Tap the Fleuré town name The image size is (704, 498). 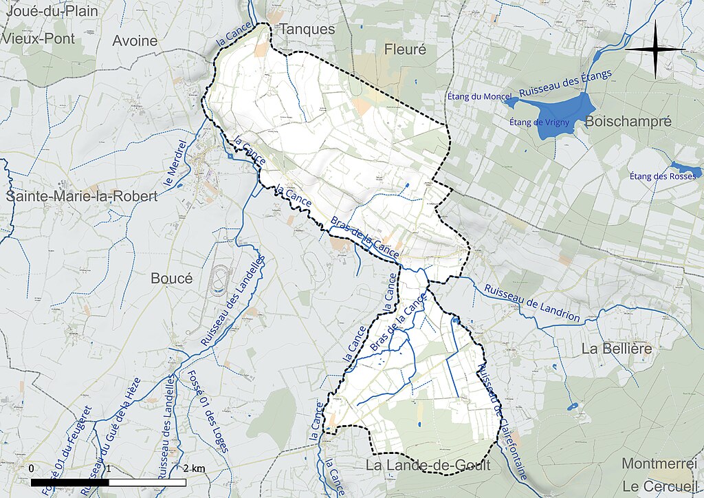point(405,50)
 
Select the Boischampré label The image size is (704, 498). point(628,122)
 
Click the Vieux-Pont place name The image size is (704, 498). point(38,39)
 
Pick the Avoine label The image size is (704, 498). point(135,41)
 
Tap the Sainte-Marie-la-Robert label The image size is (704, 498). point(82,196)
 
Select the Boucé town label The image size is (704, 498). point(171,278)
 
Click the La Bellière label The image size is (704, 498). point(616,349)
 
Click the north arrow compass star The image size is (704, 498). point(655,49)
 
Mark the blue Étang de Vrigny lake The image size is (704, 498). point(564,112)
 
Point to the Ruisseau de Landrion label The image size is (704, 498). point(531,303)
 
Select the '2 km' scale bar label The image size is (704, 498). point(194,468)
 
